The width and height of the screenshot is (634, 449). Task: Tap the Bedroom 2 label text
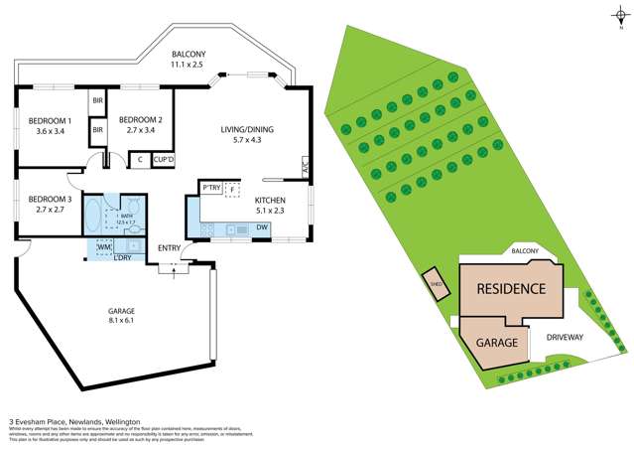pos(139,124)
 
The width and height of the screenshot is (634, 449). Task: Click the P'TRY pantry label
pos(210,188)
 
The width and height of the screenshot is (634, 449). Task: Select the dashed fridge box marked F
pos(232,188)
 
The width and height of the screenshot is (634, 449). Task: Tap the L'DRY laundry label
pos(124,258)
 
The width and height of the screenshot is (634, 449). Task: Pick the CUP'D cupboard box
pos(163,160)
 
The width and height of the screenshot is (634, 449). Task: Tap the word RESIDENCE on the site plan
pos(511,289)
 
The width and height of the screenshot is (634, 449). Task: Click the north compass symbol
pos(618,14)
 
